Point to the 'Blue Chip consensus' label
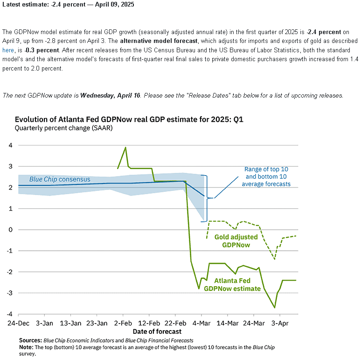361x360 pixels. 60,179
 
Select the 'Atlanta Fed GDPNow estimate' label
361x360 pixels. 237,284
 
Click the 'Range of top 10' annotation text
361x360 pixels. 266,176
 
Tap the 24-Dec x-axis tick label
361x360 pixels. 18,323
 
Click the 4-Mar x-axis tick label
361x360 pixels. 201,323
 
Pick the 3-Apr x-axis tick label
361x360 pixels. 280,323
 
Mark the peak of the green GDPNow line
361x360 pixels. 125,147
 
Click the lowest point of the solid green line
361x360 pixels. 275,307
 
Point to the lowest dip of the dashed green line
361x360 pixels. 275,258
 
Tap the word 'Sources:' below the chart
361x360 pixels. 30,340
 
